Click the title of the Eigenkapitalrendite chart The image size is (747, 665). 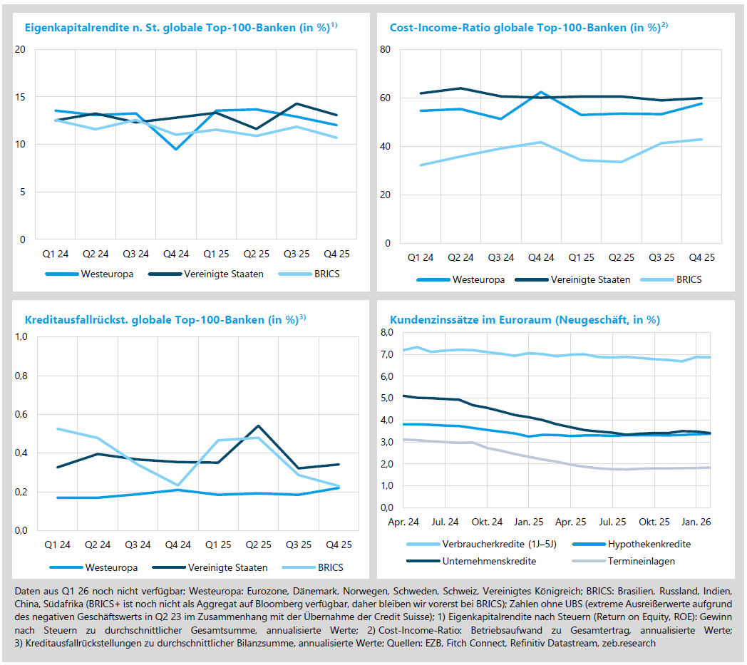click(x=180, y=28)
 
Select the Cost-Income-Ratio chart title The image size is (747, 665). click(x=528, y=28)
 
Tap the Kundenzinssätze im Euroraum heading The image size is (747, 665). click(x=525, y=320)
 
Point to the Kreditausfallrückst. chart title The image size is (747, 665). click(x=165, y=320)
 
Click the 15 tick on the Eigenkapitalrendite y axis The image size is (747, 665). click(x=20, y=97)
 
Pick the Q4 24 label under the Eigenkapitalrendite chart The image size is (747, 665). click(x=176, y=254)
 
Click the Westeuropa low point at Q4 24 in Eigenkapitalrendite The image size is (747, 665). click(x=176, y=149)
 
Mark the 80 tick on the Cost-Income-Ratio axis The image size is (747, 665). click(x=385, y=50)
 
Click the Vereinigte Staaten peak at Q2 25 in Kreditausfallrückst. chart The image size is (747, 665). click(x=257, y=426)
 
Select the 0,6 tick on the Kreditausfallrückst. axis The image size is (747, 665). click(x=21, y=414)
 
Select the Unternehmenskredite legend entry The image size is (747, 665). click(x=489, y=561)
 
